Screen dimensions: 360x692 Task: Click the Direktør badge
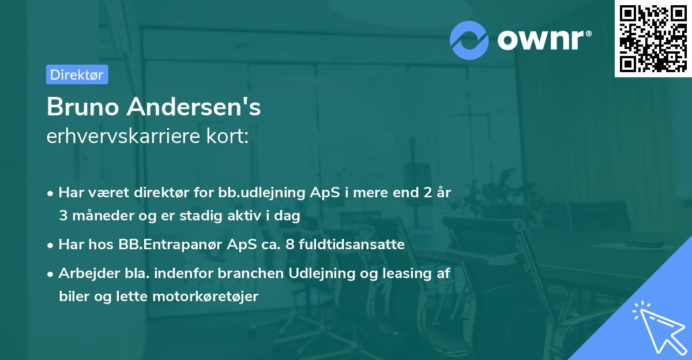(77, 74)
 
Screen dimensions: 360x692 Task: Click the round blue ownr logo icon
(469, 39)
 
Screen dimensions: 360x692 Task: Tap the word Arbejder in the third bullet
(85, 273)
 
